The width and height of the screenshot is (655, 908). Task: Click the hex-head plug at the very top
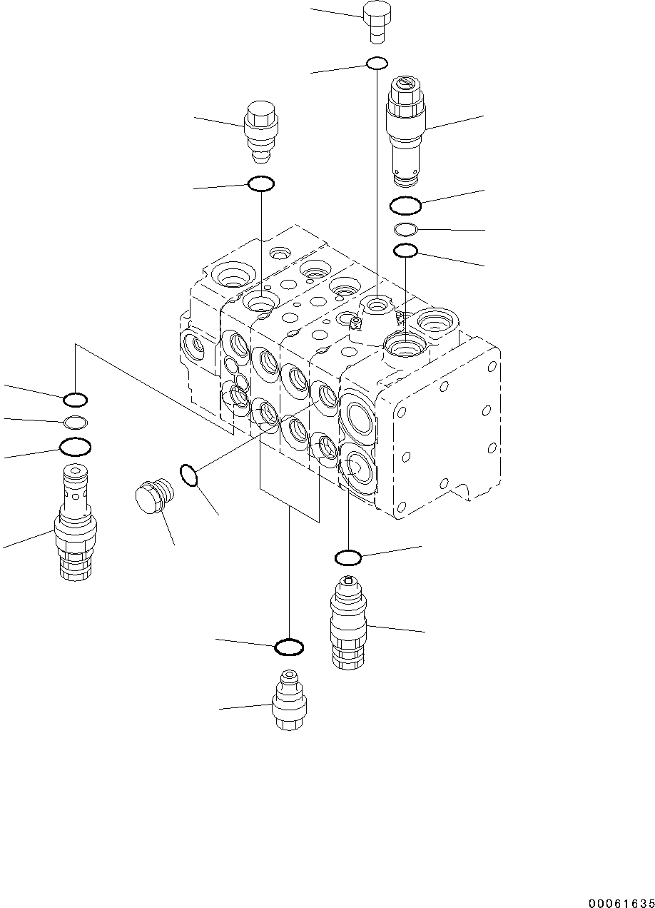(375, 22)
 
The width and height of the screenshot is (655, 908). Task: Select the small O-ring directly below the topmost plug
(377, 64)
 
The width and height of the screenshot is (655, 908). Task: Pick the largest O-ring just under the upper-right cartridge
(405, 206)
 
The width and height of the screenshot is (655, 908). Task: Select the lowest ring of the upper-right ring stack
(405, 251)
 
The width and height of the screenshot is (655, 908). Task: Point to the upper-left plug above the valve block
(261, 131)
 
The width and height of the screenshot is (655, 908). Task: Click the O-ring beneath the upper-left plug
(260, 184)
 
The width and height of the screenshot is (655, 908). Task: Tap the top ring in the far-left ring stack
(76, 399)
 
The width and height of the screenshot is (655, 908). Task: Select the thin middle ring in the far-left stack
(76, 421)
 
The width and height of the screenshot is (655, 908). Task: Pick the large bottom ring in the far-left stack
(75, 447)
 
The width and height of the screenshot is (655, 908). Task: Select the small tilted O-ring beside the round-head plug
(188, 475)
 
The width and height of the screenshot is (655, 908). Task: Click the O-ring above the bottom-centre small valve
(289, 647)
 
